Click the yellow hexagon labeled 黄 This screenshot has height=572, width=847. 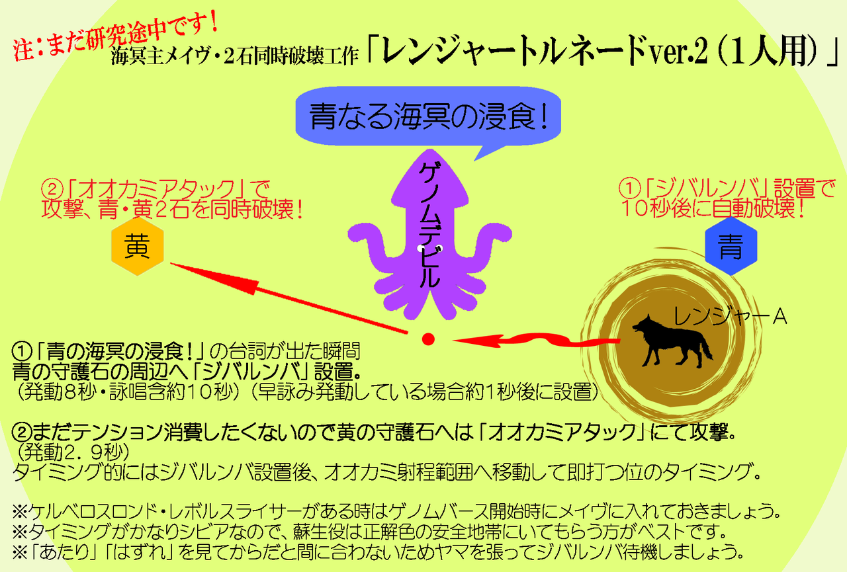coord(137,247)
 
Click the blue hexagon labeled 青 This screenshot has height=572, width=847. coord(731,246)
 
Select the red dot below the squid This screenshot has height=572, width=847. coord(428,339)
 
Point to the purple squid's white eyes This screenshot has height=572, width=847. coord(430,248)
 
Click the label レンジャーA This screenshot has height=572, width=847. coord(731,317)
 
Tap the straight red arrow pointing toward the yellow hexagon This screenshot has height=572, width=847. coord(289,298)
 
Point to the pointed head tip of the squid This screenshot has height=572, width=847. coord(431,150)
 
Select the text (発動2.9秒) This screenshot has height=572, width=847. coord(73,452)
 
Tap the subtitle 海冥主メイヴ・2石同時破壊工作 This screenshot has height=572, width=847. coord(234,57)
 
